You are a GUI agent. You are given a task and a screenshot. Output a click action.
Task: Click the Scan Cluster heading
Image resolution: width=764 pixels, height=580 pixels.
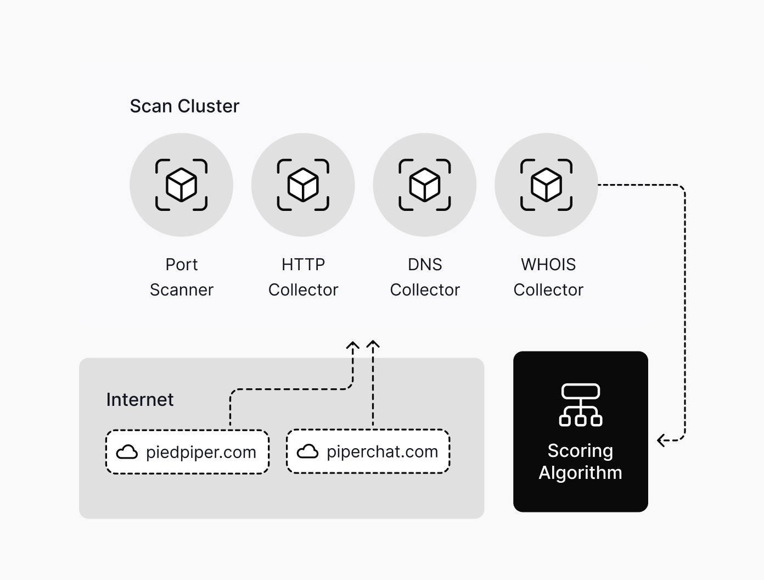(184, 106)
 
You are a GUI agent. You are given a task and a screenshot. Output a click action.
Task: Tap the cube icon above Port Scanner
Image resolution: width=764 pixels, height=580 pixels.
(182, 185)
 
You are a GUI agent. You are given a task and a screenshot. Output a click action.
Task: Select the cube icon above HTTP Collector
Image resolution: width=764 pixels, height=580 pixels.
(303, 185)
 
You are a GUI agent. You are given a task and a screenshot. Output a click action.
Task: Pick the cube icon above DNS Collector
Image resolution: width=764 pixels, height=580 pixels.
(425, 185)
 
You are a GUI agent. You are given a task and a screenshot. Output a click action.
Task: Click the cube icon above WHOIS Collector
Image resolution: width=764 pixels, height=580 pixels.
(547, 185)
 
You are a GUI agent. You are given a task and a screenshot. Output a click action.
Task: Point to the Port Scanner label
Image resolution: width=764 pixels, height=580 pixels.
(182, 277)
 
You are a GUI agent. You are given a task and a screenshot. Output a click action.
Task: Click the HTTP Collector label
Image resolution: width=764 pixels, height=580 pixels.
(303, 277)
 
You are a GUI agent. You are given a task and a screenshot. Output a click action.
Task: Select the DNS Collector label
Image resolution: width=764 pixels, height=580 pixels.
(425, 277)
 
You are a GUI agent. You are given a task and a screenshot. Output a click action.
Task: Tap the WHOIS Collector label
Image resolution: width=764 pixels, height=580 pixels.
(548, 277)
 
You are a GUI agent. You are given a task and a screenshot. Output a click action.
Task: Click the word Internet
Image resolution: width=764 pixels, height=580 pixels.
(140, 400)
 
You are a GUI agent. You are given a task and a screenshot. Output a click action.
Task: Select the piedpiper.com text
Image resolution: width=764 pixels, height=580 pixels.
(201, 452)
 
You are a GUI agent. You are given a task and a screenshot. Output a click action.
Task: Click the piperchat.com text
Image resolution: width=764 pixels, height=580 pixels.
(383, 451)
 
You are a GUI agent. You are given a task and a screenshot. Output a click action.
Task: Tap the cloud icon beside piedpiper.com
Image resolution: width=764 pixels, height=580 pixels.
(127, 452)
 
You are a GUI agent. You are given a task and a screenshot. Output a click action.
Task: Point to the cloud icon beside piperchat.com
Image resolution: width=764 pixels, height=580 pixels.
(308, 451)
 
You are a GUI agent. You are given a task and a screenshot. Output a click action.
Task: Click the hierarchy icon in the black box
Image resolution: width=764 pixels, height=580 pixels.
(581, 405)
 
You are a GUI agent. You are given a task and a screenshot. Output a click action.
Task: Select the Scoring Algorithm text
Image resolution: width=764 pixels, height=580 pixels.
(581, 461)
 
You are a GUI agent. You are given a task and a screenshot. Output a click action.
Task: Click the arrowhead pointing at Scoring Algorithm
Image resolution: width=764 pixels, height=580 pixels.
(662, 440)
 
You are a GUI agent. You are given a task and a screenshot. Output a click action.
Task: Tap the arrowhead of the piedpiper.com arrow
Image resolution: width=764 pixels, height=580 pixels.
(353, 346)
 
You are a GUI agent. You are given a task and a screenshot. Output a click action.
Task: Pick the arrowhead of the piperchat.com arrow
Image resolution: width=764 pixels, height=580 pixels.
(373, 345)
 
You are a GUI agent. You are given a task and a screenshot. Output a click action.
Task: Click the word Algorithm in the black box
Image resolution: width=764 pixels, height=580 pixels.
(581, 473)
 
